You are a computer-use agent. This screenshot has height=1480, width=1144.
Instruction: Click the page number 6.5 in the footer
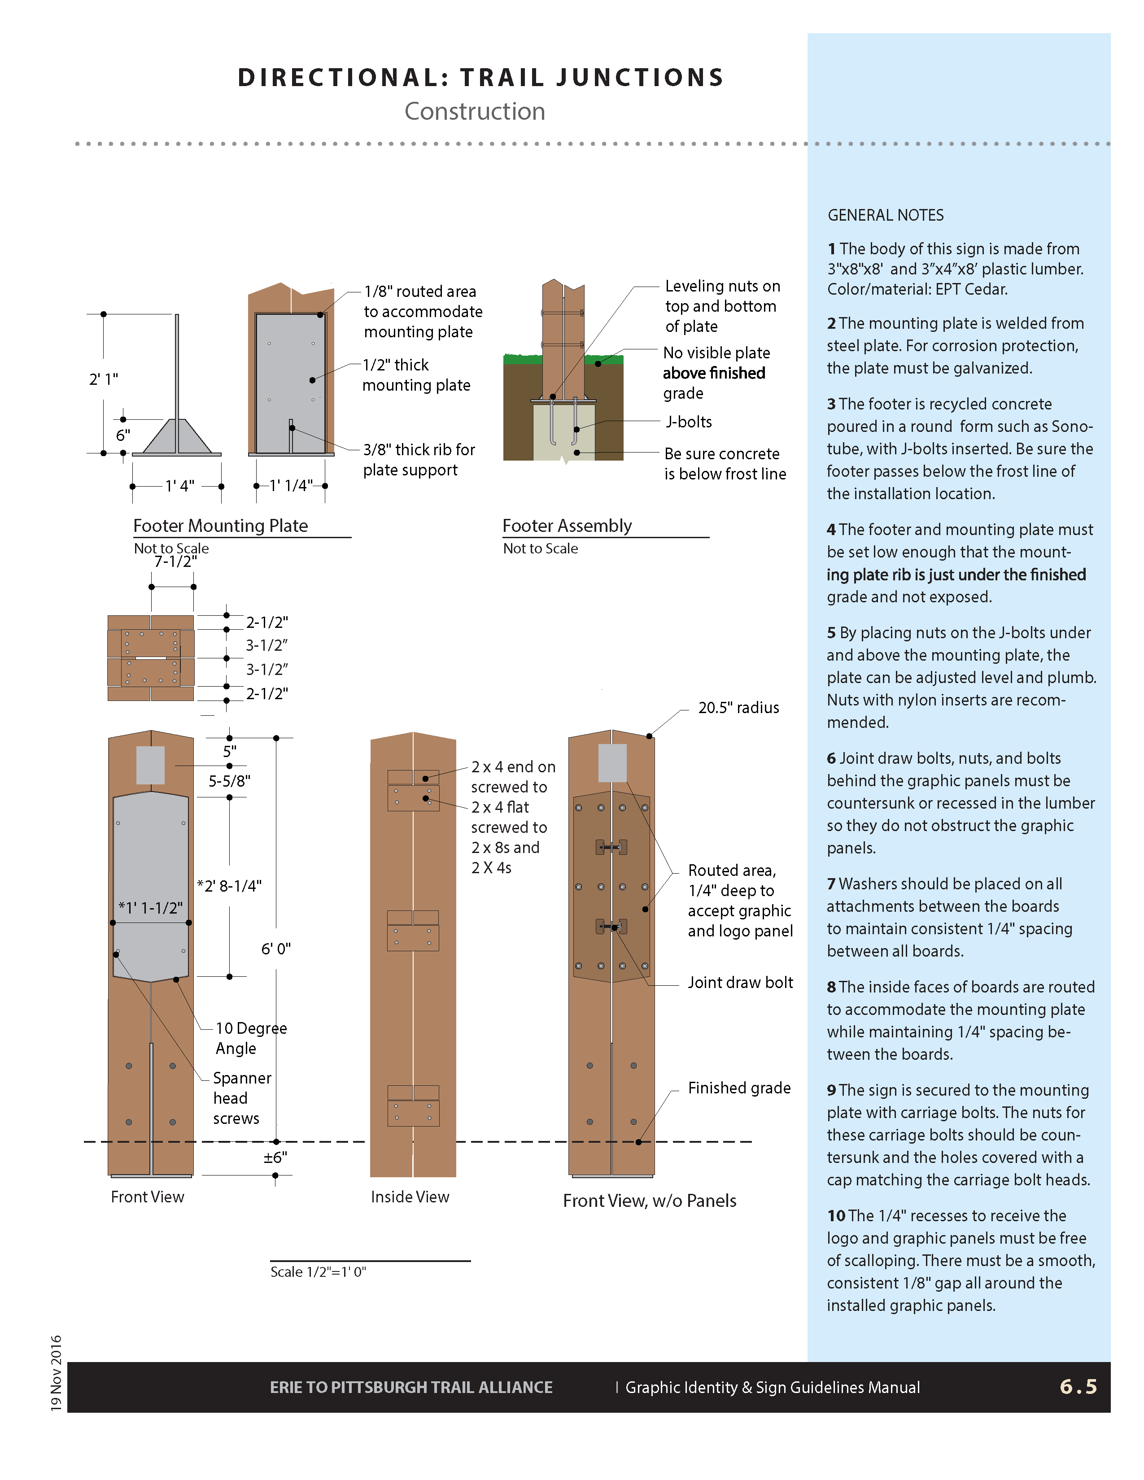(x=1078, y=1386)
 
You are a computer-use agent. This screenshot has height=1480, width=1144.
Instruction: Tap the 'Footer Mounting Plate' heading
(x=220, y=526)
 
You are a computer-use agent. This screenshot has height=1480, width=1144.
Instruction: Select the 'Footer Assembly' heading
(x=567, y=526)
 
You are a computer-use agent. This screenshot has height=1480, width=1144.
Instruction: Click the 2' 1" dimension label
(x=104, y=379)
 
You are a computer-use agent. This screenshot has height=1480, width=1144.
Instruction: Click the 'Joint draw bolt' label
(x=740, y=983)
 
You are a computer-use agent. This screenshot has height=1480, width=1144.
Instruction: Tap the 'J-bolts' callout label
(x=689, y=422)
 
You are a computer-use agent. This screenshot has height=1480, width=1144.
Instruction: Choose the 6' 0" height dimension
(x=276, y=949)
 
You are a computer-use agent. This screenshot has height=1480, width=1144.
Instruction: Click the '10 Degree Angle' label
(x=251, y=1038)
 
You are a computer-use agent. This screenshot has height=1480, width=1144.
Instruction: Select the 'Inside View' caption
(x=410, y=1197)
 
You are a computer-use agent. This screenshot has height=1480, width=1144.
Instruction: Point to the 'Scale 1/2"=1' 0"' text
(x=318, y=1272)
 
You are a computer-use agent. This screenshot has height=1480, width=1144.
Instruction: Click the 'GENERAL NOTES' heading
(x=885, y=215)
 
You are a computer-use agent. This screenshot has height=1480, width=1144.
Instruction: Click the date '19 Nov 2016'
(x=56, y=1373)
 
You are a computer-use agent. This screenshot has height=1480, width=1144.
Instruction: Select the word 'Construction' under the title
(x=474, y=111)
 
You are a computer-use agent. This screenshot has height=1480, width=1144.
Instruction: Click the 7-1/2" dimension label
(x=175, y=562)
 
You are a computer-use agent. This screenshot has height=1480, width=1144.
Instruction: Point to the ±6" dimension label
(x=275, y=1158)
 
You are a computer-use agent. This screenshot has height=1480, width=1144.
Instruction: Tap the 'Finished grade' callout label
(x=739, y=1088)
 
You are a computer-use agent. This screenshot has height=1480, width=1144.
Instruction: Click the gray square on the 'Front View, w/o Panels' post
(x=612, y=763)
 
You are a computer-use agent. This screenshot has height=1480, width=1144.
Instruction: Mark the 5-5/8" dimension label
(x=229, y=781)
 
